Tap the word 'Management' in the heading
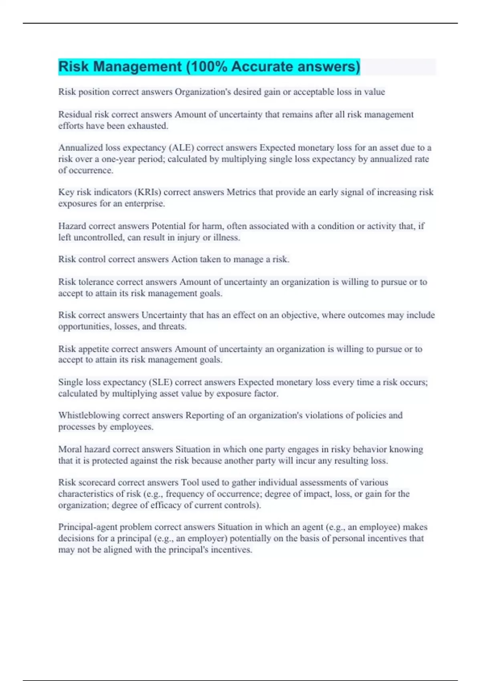pyautogui.click(x=137, y=66)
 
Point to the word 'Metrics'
pyautogui.click(x=241, y=192)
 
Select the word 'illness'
pyautogui.click(x=226, y=238)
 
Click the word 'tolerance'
pyautogui.click(x=96, y=282)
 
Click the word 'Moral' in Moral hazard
pyautogui.click(x=70, y=449)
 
